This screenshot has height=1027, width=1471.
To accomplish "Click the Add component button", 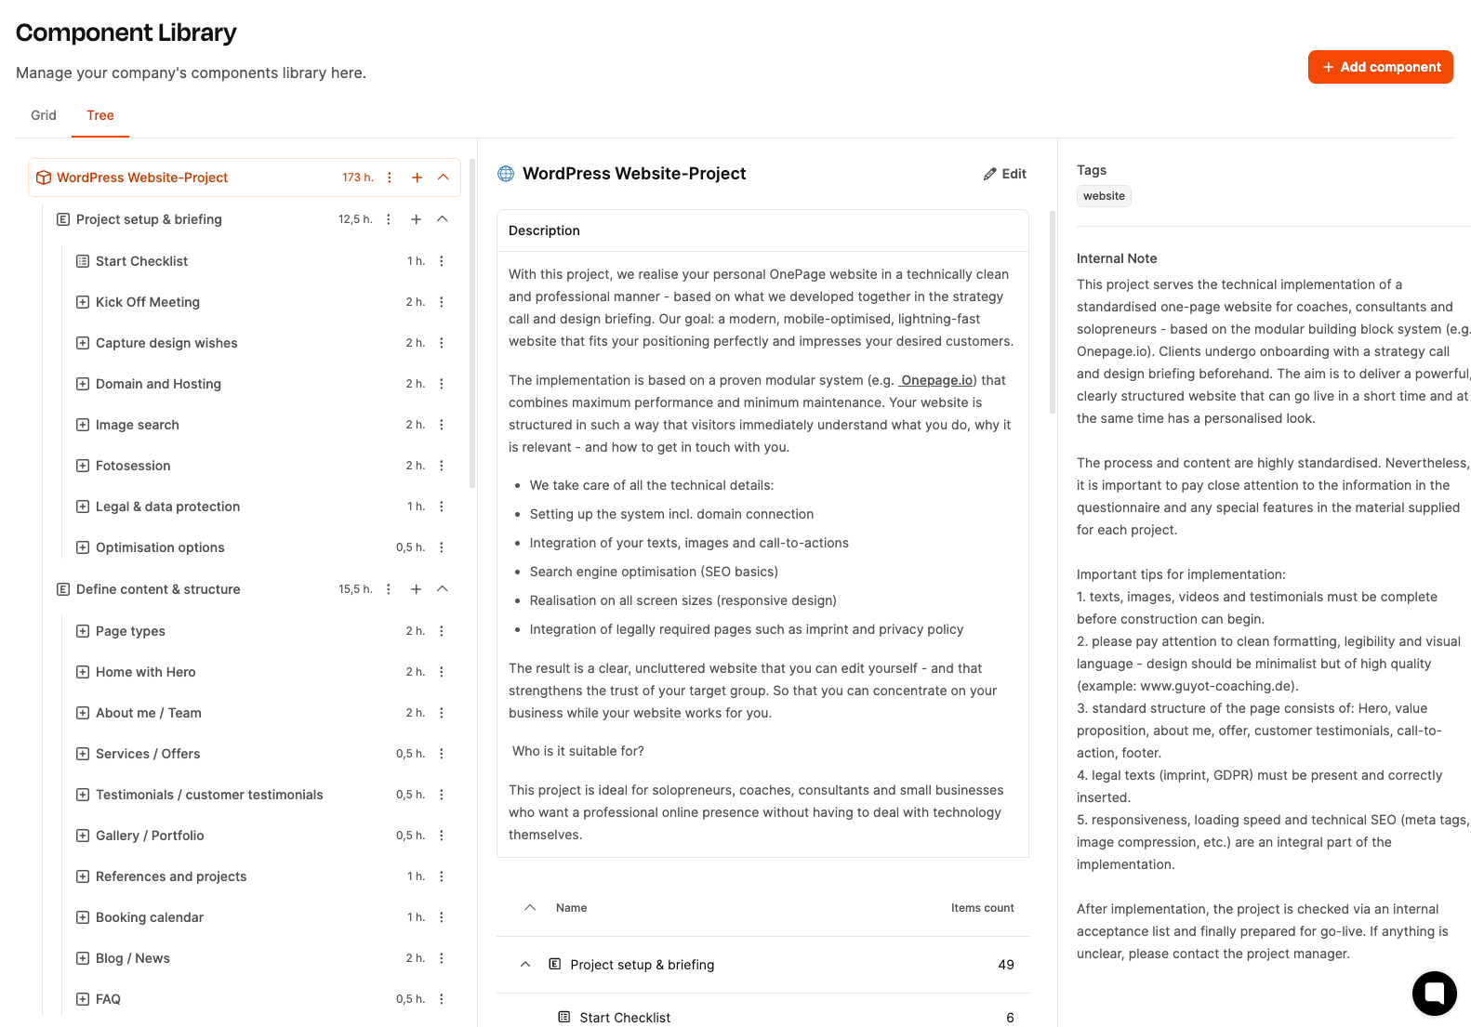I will (1380, 67).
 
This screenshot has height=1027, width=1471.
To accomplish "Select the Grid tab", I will (44, 115).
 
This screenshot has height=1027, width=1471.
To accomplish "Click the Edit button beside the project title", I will (1005, 174).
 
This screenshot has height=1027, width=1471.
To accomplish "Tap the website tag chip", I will (1104, 196).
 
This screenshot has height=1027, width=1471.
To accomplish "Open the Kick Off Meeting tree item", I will (148, 302).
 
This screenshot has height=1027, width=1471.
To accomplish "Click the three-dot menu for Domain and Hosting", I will (442, 384).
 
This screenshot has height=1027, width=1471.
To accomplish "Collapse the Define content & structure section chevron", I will (443, 589).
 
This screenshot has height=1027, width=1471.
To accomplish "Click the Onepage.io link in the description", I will (937, 380).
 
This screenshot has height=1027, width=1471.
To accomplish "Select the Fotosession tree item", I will (133, 466).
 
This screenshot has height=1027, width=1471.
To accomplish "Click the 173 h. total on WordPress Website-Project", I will (357, 178).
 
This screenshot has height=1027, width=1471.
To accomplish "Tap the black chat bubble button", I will (1434, 993).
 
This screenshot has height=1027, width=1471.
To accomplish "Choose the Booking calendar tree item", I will (150, 917).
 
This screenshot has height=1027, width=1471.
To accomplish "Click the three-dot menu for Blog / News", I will (442, 958).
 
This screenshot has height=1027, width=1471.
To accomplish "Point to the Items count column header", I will (982, 908).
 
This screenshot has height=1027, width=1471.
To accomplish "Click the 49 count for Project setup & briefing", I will (1005, 965).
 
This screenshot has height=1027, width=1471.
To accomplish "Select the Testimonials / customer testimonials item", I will (209, 795).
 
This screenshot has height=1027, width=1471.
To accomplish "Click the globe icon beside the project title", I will (506, 174).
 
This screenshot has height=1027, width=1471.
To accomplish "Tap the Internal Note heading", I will (1117, 258).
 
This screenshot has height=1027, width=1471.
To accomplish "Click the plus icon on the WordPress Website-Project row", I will (417, 178).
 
